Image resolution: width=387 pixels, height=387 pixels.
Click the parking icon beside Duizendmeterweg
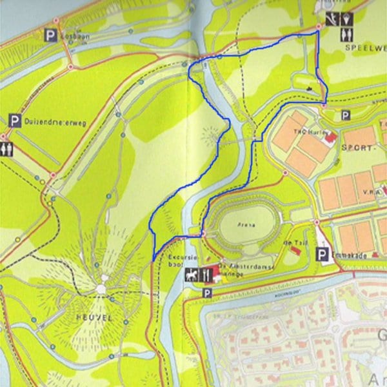(14, 121)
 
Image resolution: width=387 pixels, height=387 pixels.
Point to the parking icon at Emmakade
(322, 255)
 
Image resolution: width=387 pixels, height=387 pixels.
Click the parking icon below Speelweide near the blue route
(345, 116)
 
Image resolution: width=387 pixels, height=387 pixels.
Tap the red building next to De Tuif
(295, 249)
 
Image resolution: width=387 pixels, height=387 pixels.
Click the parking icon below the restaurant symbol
(207, 293)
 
